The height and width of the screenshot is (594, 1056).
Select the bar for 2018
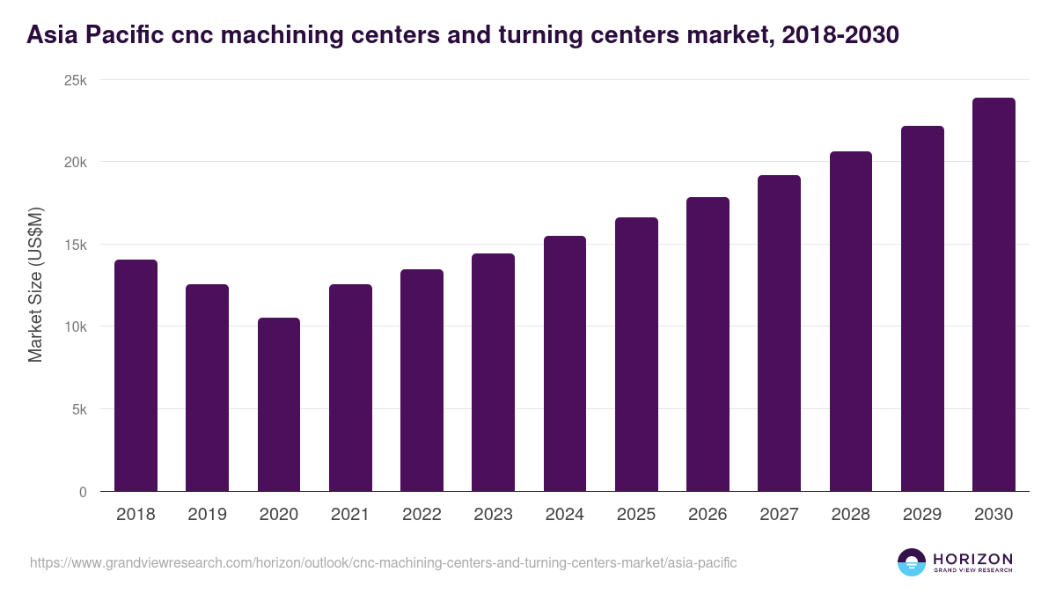coord(136,376)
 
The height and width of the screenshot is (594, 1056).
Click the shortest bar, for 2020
coord(279,405)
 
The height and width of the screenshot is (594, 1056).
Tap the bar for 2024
coord(565,363)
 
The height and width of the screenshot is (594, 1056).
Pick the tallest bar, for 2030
coord(994,295)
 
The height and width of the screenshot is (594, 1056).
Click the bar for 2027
coord(779,334)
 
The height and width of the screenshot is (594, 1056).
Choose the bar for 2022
coord(422,380)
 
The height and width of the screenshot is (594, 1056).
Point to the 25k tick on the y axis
coord(77,80)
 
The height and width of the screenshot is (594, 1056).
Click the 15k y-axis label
coord(77,245)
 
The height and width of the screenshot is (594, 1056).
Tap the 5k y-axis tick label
coord(80,409)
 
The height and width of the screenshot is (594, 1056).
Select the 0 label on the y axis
coord(83,492)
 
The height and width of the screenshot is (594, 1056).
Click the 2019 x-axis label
coord(208,515)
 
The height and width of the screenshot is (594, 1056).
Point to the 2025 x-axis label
coord(636,515)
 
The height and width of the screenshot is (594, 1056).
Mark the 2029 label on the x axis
coord(922,515)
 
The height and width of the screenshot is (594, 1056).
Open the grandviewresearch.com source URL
coord(383,562)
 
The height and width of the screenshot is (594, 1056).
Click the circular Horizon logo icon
coord(912,562)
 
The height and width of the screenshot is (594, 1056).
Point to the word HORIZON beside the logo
coord(972,559)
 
